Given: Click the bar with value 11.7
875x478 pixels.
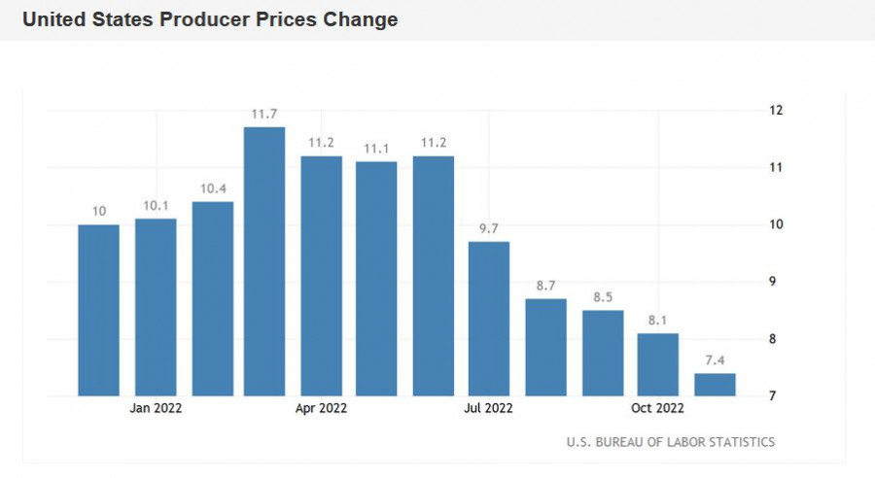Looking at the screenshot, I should (x=264, y=261).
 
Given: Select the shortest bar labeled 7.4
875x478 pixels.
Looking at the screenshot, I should (x=715, y=385).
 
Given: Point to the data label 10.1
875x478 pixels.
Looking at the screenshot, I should (x=156, y=206).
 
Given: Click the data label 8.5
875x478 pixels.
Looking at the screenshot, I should (x=603, y=297).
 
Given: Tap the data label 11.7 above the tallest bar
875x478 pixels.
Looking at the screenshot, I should (x=264, y=115).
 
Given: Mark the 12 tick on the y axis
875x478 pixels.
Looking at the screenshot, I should (x=776, y=111).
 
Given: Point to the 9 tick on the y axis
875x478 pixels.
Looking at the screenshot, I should (x=775, y=282).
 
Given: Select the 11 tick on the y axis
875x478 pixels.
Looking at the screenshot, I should (x=776, y=168).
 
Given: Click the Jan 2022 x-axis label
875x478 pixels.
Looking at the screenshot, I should (x=156, y=409).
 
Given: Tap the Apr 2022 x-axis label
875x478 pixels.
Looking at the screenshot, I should (x=321, y=409).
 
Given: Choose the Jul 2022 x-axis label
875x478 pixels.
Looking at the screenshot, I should (x=488, y=409).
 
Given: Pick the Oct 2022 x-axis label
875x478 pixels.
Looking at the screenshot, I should (x=658, y=409).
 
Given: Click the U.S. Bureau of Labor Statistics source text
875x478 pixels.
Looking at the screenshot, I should (x=671, y=442).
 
